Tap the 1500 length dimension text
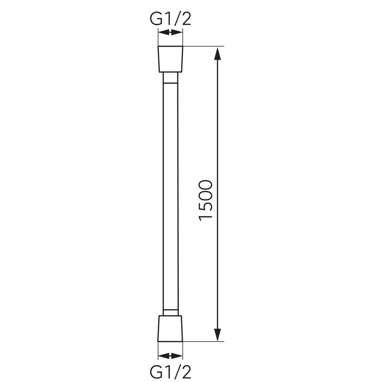[x=205, y=201]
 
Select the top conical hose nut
[x=170, y=59]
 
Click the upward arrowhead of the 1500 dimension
[x=218, y=53]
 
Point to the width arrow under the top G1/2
[x=170, y=32]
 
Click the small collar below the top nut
[x=170, y=78]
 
